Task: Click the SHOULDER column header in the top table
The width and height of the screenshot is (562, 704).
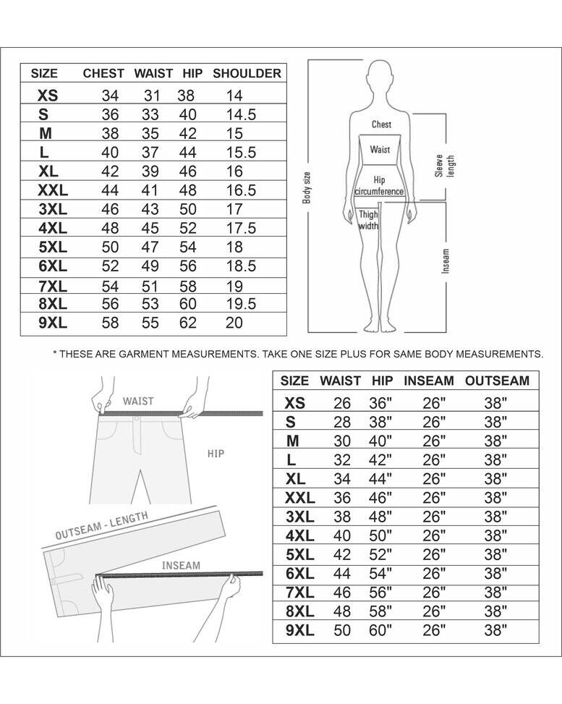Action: point(247,73)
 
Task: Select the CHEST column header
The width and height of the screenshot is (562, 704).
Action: point(103,73)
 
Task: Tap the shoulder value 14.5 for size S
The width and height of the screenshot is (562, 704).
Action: point(241,114)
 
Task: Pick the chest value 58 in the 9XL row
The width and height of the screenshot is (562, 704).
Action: point(110,323)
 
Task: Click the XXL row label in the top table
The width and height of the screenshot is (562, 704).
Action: point(53,190)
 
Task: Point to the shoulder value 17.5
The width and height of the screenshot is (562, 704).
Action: point(241,228)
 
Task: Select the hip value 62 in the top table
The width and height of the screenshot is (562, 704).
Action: point(188,323)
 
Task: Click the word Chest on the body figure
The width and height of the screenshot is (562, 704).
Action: point(382,124)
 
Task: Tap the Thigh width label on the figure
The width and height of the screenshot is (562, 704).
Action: point(369,220)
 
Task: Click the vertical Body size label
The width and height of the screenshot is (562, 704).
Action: point(307,187)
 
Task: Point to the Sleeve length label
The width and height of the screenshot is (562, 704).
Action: point(445,166)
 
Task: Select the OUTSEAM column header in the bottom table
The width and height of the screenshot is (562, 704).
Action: point(498,381)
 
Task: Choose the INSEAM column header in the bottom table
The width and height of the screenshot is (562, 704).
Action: point(429,381)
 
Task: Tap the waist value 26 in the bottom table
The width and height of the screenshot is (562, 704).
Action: point(341,403)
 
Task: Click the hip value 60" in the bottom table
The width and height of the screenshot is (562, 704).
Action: point(380,630)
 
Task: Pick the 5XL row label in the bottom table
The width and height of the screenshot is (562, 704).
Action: point(300,555)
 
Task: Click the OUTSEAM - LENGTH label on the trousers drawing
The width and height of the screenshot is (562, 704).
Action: point(101,526)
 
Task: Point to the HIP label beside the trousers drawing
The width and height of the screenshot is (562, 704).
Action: point(216,454)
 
